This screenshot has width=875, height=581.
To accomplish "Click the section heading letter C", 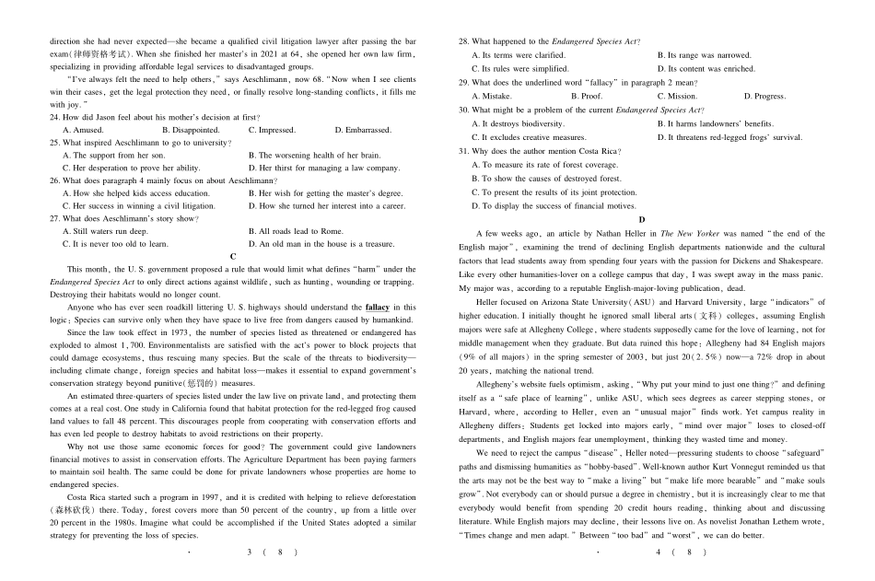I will tap(234, 256).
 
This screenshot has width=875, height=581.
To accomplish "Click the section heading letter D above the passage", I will tap(642, 220).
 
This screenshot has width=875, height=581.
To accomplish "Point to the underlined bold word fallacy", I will tap(377, 307).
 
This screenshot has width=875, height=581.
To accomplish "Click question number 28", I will tap(463, 41).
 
